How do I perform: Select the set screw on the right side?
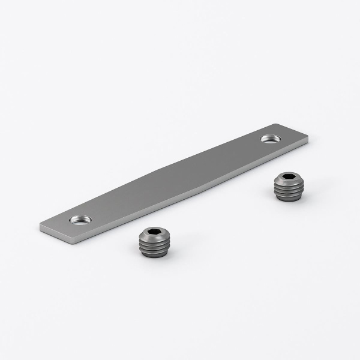[x=286, y=187]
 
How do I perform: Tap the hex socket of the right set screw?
[x=287, y=178]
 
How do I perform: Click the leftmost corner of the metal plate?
[x=41, y=226]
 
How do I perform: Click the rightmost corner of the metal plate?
[x=311, y=140]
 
